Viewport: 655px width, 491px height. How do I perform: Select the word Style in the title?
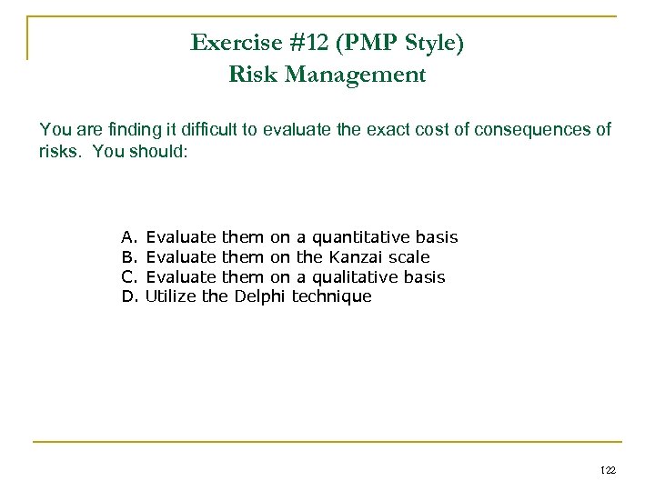[x=427, y=43]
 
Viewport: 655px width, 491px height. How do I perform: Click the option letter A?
[x=127, y=237]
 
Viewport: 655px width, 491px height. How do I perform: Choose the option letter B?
[x=127, y=257]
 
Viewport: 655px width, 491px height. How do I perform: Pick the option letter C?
[x=127, y=276]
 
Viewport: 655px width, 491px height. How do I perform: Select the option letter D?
[x=127, y=296]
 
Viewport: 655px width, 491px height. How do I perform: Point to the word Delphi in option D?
[x=260, y=296]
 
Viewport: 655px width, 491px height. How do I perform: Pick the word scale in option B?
[x=408, y=257]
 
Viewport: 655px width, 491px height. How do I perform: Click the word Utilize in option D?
[x=171, y=296]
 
